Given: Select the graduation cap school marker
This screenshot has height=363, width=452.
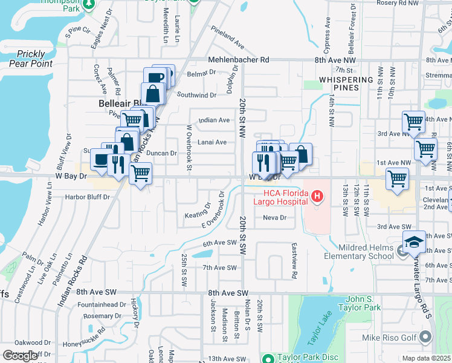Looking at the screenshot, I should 414,242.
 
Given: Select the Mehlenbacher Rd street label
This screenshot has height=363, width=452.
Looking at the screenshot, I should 239,60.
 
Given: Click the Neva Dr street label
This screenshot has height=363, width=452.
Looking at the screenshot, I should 274,218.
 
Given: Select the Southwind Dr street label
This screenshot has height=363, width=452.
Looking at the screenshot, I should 196,95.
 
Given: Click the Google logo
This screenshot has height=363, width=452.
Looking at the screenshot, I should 21,356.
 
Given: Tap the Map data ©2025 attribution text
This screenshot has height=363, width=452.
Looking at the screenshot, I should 427,358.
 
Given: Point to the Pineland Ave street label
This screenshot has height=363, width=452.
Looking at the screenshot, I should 228,41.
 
